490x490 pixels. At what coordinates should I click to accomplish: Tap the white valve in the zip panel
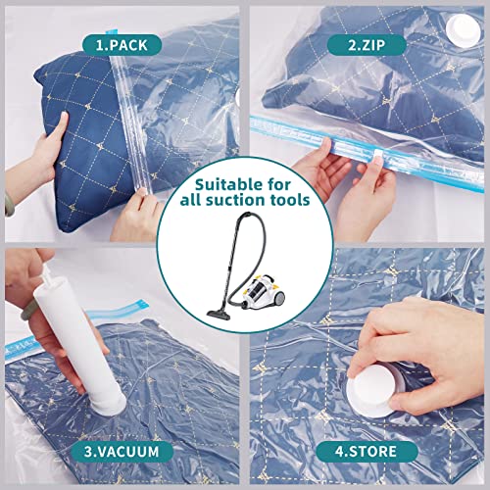click(x=459, y=29)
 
